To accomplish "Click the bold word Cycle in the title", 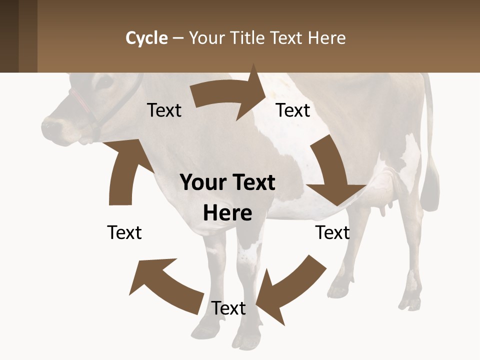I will click(x=146, y=38).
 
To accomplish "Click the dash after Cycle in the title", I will click(x=178, y=38).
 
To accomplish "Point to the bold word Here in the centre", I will click(x=227, y=213).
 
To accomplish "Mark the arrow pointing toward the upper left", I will click(x=165, y=285).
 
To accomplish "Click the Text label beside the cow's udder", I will click(x=332, y=232).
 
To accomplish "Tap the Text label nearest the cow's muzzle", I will click(x=164, y=110).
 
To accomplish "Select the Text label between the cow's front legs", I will click(x=228, y=308).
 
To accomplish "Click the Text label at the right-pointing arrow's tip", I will click(x=293, y=110).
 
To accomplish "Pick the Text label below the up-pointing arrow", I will click(x=124, y=232).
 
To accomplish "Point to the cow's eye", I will click(x=105, y=82).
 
